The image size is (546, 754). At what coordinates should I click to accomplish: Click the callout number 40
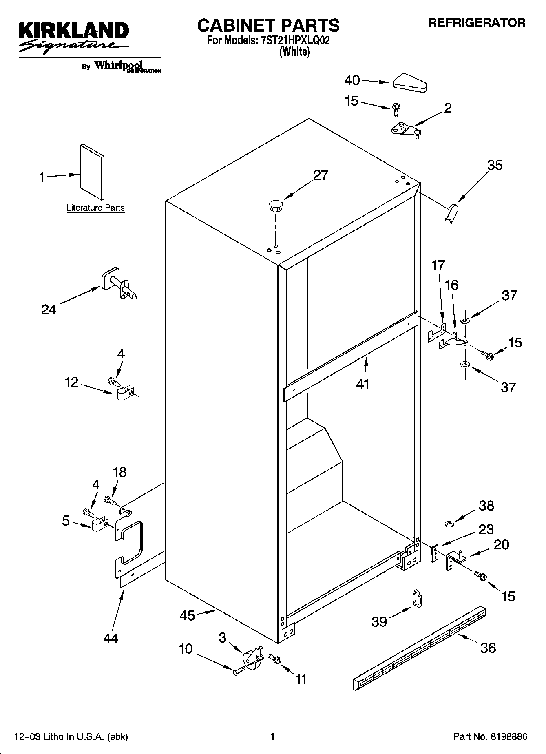[352, 80]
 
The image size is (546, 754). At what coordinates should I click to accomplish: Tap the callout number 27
[321, 175]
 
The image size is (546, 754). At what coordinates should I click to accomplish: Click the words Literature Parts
[95, 208]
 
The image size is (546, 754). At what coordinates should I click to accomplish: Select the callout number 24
[49, 310]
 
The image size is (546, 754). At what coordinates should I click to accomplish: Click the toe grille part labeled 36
[420, 648]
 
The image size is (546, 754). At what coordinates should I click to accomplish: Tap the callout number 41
[363, 384]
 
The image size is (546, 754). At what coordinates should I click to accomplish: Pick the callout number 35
[495, 165]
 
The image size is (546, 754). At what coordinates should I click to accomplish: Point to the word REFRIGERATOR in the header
[477, 23]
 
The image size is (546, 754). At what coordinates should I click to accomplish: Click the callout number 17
[438, 265]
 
